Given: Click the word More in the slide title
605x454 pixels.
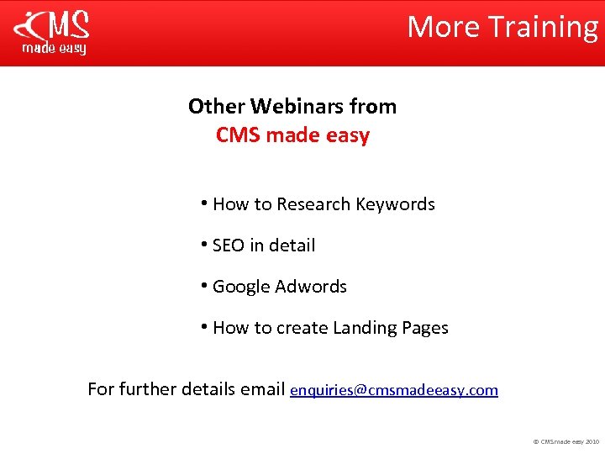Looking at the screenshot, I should coord(444,27).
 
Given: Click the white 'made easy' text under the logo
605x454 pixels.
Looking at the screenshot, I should coord(53,49).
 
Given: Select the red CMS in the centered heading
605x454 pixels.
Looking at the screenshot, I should coord(239,135).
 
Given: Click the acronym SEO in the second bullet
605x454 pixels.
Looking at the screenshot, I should coord(228,245).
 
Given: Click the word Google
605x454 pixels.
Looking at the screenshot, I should coord(242,287).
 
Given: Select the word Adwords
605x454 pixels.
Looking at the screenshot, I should coord(312,287).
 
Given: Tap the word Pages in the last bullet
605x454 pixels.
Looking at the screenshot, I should coord(426,328).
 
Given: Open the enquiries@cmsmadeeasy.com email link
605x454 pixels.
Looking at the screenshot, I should coord(393,390).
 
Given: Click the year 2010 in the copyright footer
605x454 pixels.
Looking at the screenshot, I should coord(592,441).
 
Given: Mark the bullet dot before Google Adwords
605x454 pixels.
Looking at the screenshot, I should coord(205,285).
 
